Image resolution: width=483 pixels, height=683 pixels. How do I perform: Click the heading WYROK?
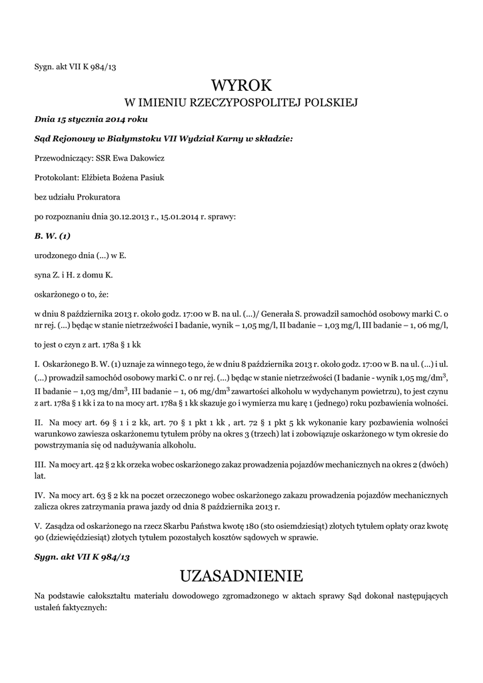click(241, 85)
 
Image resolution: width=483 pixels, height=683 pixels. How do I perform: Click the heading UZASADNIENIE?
click(241, 576)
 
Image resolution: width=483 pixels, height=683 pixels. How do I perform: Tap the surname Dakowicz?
click(143, 158)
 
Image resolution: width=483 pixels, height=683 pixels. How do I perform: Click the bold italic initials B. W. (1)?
click(52, 235)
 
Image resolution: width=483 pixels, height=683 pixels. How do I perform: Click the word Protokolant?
click(56, 177)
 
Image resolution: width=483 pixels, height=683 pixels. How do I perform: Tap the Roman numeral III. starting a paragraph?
click(39, 464)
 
